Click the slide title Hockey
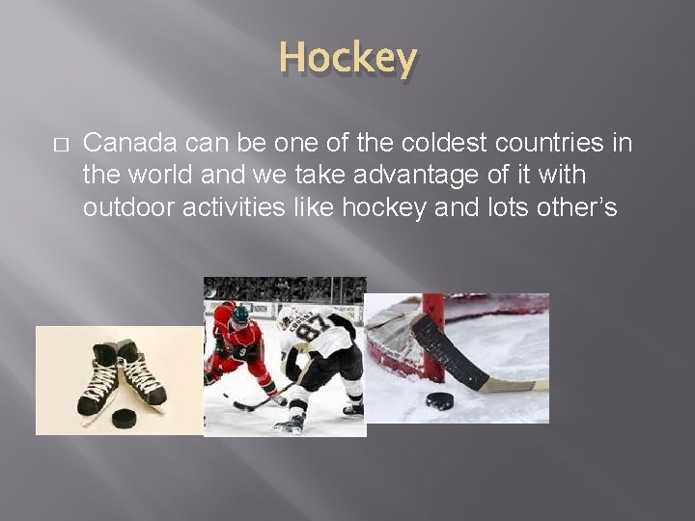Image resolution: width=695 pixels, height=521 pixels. pos(347,58)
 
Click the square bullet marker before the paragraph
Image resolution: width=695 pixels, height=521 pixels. pos(60,145)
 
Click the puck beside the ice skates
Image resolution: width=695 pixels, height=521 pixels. pos(125,418)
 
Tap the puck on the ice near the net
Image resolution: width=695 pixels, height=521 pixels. pos(440,399)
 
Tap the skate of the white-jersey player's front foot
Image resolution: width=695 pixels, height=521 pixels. pos(290,423)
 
